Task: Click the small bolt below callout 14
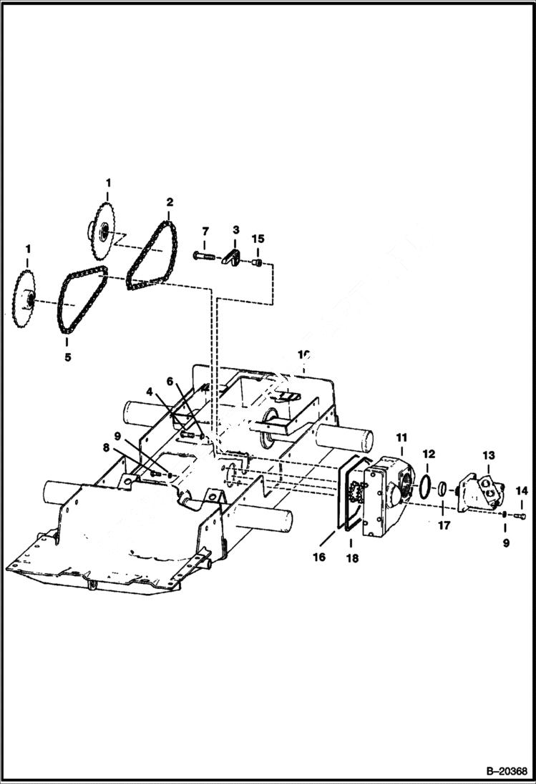point(520,516)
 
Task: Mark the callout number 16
point(319,556)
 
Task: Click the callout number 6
point(170,382)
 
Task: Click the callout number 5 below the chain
point(67,356)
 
